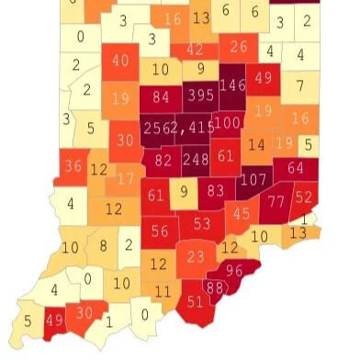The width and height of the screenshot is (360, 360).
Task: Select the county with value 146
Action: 233,84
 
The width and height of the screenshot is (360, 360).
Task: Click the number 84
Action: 162,96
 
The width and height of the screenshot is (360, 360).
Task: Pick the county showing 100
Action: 227,122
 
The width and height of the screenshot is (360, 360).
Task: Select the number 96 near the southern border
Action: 235,270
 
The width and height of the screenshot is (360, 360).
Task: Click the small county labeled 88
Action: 216,287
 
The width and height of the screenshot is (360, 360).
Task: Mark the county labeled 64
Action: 295,168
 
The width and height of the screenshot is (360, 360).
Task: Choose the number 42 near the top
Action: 196,50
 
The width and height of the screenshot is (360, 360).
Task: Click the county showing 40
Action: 120,61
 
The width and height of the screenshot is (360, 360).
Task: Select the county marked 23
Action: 194,254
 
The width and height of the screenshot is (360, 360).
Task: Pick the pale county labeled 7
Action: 298,87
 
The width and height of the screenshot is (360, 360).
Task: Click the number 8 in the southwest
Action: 104,245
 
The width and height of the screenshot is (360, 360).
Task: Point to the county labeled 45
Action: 242,213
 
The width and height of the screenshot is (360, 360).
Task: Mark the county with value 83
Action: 216,190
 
